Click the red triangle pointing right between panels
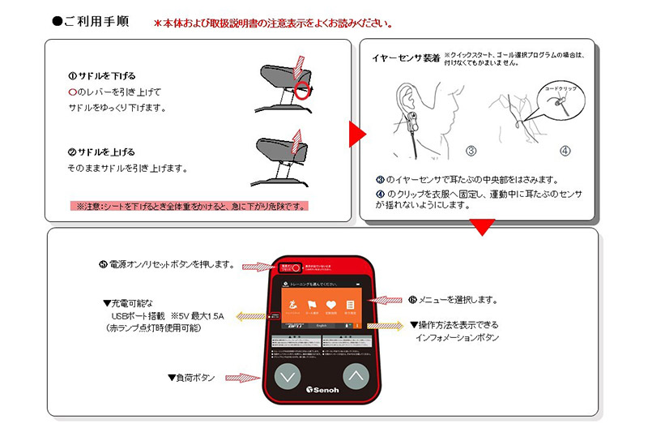(x=356, y=135)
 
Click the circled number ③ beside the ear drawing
(x=471, y=151)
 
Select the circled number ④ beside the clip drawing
(x=565, y=151)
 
